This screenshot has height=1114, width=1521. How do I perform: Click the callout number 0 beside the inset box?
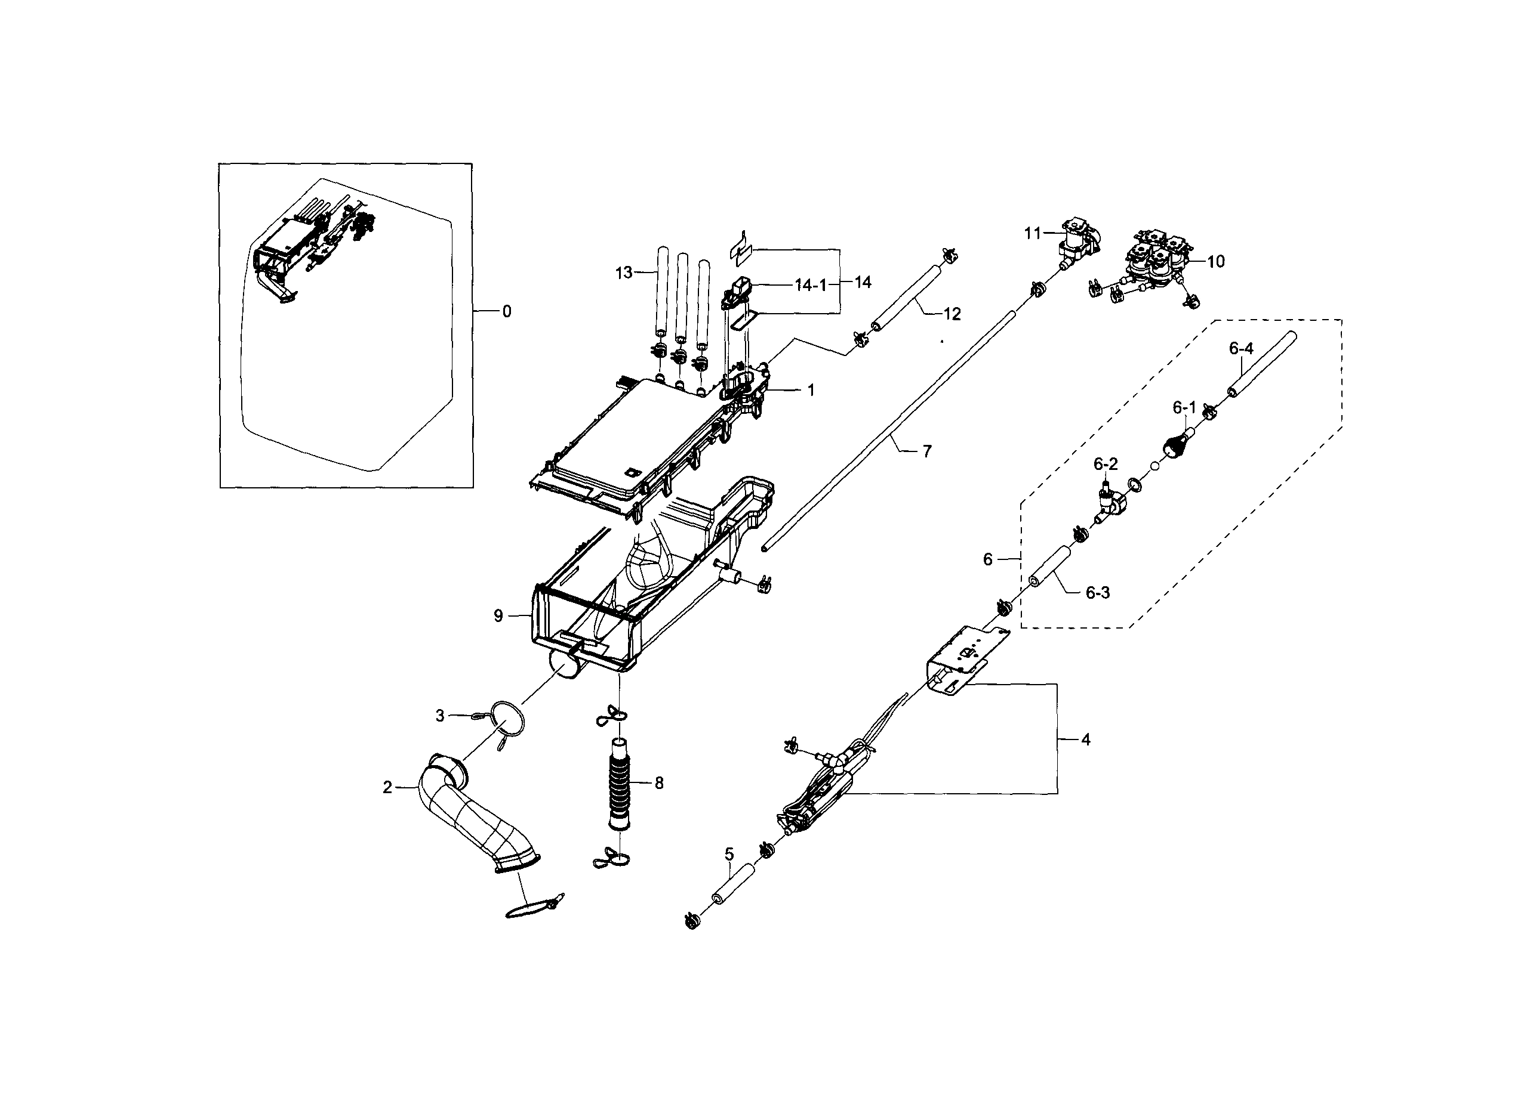[506, 311]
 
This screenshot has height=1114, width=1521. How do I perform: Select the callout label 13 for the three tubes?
[624, 273]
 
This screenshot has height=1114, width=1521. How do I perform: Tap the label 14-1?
[810, 285]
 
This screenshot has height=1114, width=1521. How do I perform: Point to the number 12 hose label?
[952, 314]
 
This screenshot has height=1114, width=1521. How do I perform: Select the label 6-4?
[1240, 349]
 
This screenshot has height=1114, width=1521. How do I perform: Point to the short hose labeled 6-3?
[1051, 568]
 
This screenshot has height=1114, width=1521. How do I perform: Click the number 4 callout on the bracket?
[1085, 739]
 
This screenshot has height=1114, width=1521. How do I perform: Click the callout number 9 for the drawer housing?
[498, 615]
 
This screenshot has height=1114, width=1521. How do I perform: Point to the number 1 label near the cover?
[811, 391]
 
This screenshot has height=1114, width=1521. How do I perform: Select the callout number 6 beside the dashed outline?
[988, 559]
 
